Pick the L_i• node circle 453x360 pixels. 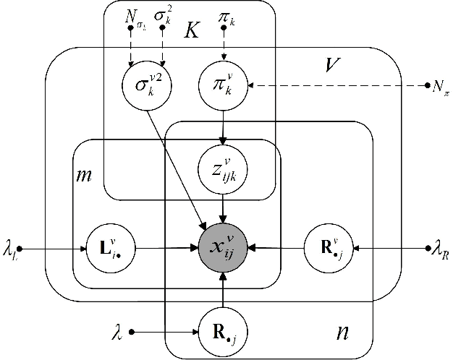coord(106,247)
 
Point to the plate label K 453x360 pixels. coord(192,30)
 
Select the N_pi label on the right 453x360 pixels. coord(440,88)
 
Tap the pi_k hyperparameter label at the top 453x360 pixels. coord(226,14)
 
